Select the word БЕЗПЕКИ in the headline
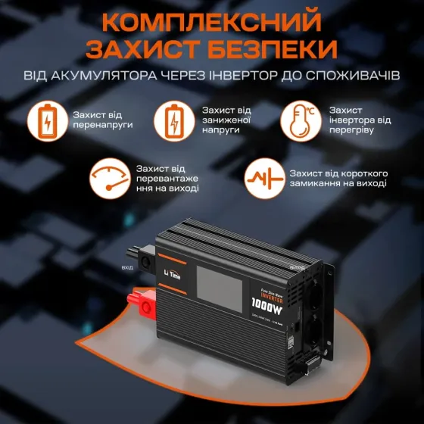pyautogui.click(x=275, y=48)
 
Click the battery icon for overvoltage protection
pyautogui.click(x=47, y=121)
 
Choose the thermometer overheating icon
pyautogui.click(x=300, y=121)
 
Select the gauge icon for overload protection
pyautogui.click(x=110, y=178)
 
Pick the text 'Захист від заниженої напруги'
pyautogui.click(x=226, y=120)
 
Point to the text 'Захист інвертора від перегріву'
pyautogui.click(x=360, y=120)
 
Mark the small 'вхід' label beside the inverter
pyautogui.click(x=127, y=267)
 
